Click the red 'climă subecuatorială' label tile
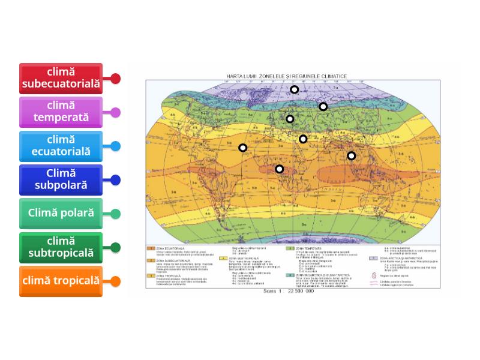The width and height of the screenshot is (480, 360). (61, 78)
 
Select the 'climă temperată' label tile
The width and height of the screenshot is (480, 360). (61, 112)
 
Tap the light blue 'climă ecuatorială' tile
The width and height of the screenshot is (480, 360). (61, 146)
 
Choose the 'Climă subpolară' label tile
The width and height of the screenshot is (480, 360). (61, 179)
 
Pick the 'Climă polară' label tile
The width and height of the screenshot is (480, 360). (61, 213)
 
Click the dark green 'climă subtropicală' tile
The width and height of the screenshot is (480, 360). (61, 247)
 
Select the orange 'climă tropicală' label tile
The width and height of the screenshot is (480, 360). (61, 281)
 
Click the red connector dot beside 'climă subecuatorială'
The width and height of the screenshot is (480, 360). (116, 78)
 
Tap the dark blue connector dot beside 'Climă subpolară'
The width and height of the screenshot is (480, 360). (116, 179)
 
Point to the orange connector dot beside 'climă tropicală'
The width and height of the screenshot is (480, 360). (116, 281)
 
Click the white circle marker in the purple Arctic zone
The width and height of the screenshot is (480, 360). (295, 89)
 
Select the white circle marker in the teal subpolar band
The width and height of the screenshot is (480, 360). (323, 106)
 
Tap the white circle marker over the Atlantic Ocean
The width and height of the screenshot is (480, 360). (243, 148)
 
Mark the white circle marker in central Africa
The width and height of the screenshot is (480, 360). (280, 169)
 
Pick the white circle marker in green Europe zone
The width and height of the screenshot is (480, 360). (290, 119)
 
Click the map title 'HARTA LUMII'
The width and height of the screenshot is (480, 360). (241, 76)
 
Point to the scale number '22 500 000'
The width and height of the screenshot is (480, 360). (300, 292)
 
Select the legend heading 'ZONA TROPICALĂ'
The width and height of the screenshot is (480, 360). (170, 274)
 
